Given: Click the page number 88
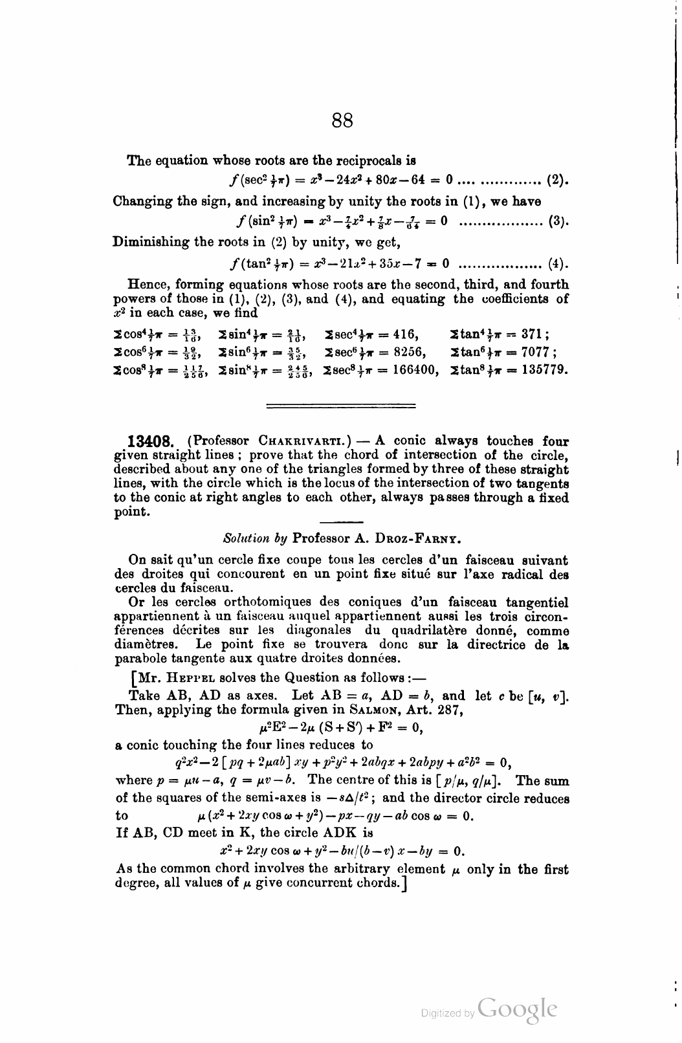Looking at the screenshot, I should [342, 121].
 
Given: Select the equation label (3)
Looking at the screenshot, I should [558, 222].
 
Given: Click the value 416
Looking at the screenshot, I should [405, 335].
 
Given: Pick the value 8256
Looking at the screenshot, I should [409, 352].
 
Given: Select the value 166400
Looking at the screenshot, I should [414, 370].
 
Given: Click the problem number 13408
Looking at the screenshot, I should [150, 442].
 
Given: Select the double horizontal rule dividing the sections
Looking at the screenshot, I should [341, 406].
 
